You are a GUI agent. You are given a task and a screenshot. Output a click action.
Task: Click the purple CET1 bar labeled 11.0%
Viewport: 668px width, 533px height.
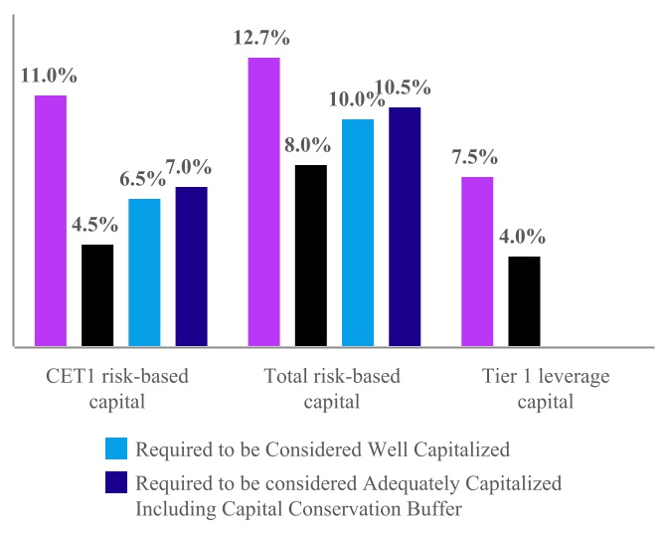(51, 221)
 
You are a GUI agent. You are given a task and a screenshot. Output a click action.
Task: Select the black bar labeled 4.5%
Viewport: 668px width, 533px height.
(97, 295)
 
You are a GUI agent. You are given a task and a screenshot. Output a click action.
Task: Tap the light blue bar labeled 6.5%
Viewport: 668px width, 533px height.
(144, 272)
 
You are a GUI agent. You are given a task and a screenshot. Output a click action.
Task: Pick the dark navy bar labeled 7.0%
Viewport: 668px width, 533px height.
(192, 266)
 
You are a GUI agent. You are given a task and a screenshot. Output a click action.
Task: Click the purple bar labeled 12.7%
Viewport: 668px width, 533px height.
(263, 202)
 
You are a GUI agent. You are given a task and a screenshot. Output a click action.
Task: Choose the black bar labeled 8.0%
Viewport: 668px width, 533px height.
(311, 256)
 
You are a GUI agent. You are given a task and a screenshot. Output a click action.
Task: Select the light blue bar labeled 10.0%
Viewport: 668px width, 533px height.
(358, 233)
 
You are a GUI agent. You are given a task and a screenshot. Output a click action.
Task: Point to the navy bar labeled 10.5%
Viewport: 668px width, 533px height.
(405, 227)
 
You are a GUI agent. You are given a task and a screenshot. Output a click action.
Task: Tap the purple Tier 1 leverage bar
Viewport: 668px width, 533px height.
(477, 262)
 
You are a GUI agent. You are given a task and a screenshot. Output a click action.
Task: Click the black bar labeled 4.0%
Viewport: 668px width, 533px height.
(524, 301)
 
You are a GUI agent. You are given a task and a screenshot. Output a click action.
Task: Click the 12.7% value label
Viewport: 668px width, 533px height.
(263, 39)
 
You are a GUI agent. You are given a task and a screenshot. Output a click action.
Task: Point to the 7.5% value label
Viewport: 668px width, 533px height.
(474, 158)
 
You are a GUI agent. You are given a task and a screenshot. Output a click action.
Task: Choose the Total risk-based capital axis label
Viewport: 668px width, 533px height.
(333, 389)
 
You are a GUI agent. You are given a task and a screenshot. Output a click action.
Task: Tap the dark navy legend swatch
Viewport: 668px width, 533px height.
(115, 484)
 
